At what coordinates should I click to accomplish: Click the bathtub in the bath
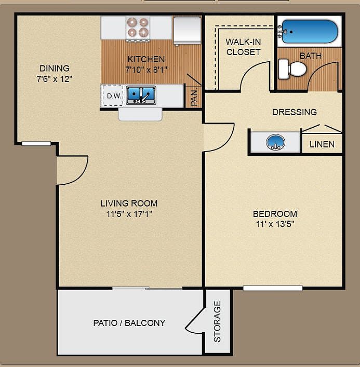(308, 31)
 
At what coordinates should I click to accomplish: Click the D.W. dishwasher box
(113, 96)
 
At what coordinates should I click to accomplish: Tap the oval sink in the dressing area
(275, 142)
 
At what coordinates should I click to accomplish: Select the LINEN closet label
(322, 144)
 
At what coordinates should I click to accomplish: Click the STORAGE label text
(217, 321)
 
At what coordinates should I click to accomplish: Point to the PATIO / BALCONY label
(129, 323)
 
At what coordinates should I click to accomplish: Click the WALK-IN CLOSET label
(243, 47)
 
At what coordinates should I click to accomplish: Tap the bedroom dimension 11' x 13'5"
(274, 224)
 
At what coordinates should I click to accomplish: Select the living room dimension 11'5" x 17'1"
(129, 213)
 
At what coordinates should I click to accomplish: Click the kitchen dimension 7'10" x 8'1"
(146, 69)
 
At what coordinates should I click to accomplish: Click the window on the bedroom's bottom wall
(273, 288)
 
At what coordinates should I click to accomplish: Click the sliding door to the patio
(147, 288)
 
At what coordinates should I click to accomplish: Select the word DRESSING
(295, 112)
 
